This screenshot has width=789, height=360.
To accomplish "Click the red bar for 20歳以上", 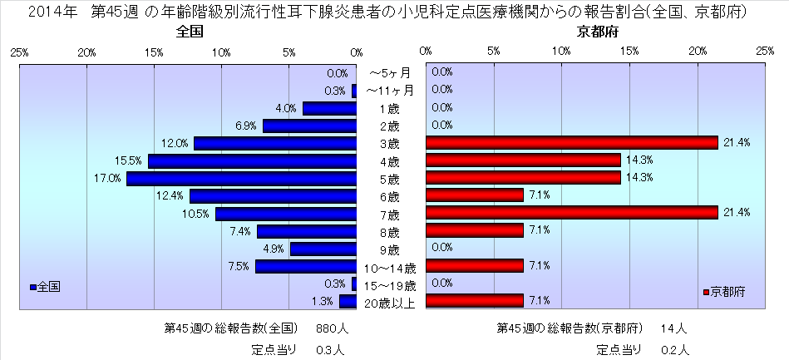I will [474, 301].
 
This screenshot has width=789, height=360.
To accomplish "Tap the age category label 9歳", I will [388, 249].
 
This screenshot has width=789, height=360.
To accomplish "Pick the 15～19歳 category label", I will [390, 284].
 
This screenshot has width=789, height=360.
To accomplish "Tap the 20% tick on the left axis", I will [86, 52].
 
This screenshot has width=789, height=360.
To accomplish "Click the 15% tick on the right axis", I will [629, 52].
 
